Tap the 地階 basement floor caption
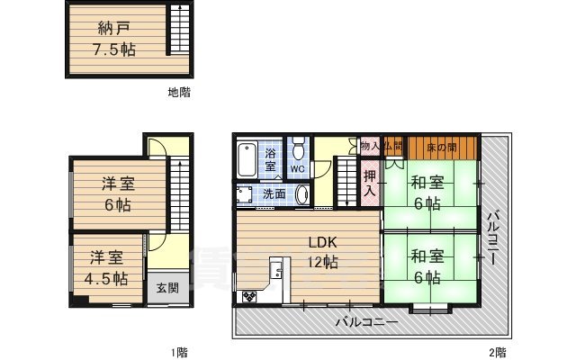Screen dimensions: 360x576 (178, 93)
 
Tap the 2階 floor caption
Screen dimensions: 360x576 (497, 351)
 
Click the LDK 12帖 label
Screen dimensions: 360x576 (321, 252)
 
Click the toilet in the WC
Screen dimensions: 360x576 (299, 150)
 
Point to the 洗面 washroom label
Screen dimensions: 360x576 (274, 193)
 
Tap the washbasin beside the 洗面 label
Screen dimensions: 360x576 (301, 194)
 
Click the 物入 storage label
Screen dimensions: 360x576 (369, 145)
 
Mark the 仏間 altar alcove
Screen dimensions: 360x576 (392, 145)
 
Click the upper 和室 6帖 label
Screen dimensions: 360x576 (427, 193)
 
